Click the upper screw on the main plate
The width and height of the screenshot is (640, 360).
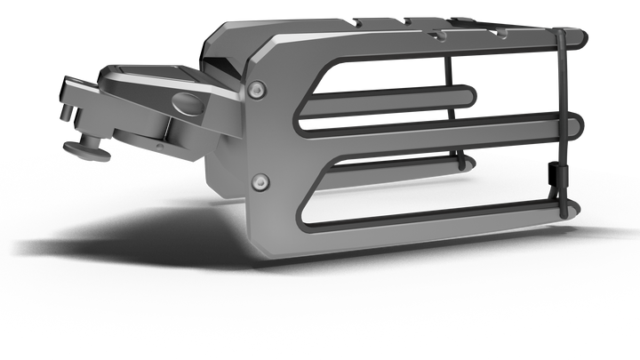258,89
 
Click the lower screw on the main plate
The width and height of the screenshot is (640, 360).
258,180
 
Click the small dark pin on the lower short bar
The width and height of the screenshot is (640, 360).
460,163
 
